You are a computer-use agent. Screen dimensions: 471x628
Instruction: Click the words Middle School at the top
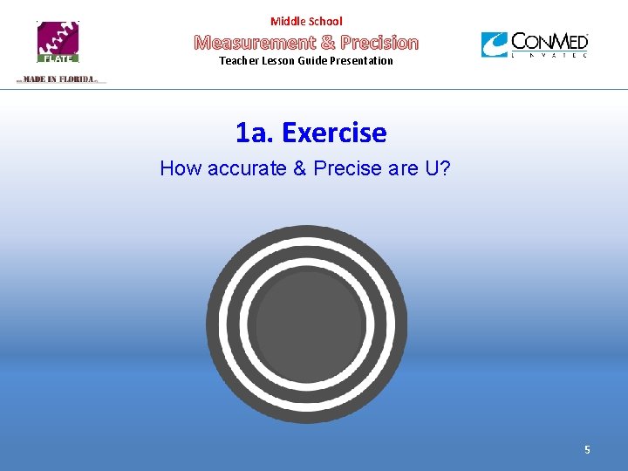click(306, 21)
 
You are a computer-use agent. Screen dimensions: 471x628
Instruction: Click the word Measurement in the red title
click(254, 42)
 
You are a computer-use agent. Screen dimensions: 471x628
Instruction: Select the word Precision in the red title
click(379, 42)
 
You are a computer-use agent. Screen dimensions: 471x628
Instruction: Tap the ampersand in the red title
click(328, 42)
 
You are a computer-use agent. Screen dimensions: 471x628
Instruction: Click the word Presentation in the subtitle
click(361, 61)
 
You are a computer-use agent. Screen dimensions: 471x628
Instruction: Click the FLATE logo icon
click(58, 42)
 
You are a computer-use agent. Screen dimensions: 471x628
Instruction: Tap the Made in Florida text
click(58, 79)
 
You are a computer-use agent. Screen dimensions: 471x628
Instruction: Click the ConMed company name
click(549, 41)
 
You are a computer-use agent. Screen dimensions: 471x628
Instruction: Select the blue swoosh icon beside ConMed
click(495, 44)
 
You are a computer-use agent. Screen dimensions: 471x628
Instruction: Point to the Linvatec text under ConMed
click(549, 55)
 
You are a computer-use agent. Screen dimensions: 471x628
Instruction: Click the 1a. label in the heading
click(255, 133)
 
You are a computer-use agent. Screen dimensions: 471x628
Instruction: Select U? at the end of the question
click(437, 168)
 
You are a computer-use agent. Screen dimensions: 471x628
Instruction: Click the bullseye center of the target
click(307, 324)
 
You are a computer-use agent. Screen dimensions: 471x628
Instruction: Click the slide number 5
click(587, 450)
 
